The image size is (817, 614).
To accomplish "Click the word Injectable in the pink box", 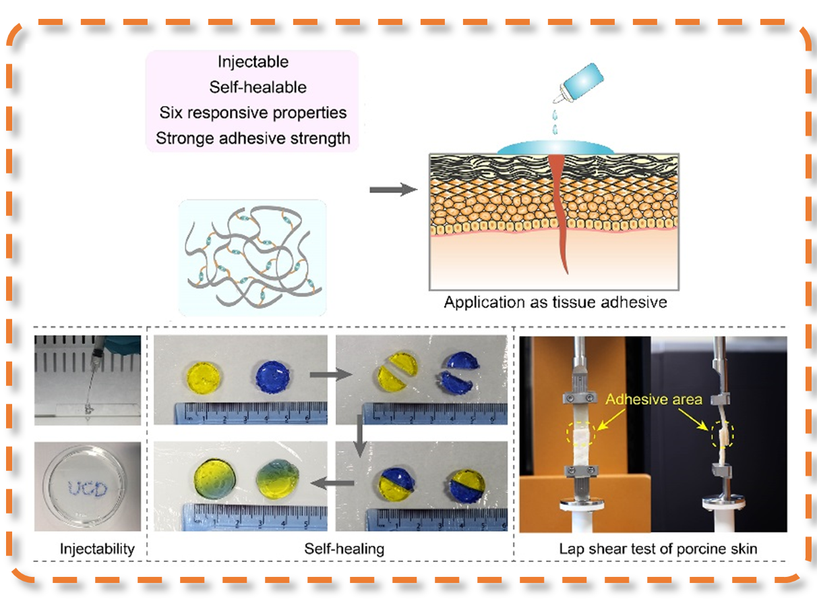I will click(x=253, y=62).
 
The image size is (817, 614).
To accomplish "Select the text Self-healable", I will click(x=258, y=87).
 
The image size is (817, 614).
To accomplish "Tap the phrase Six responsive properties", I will click(x=253, y=112).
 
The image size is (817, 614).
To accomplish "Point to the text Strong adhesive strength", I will click(x=253, y=138).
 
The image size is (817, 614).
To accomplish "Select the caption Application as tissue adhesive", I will click(x=555, y=302).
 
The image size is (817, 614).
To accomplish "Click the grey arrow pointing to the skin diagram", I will click(x=393, y=190).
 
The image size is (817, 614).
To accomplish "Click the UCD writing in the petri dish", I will click(x=88, y=488).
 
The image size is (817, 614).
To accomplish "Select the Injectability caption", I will click(x=88, y=549).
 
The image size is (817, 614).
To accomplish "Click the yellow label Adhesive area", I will click(x=653, y=399).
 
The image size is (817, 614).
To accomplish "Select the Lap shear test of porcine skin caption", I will click(x=658, y=549).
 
